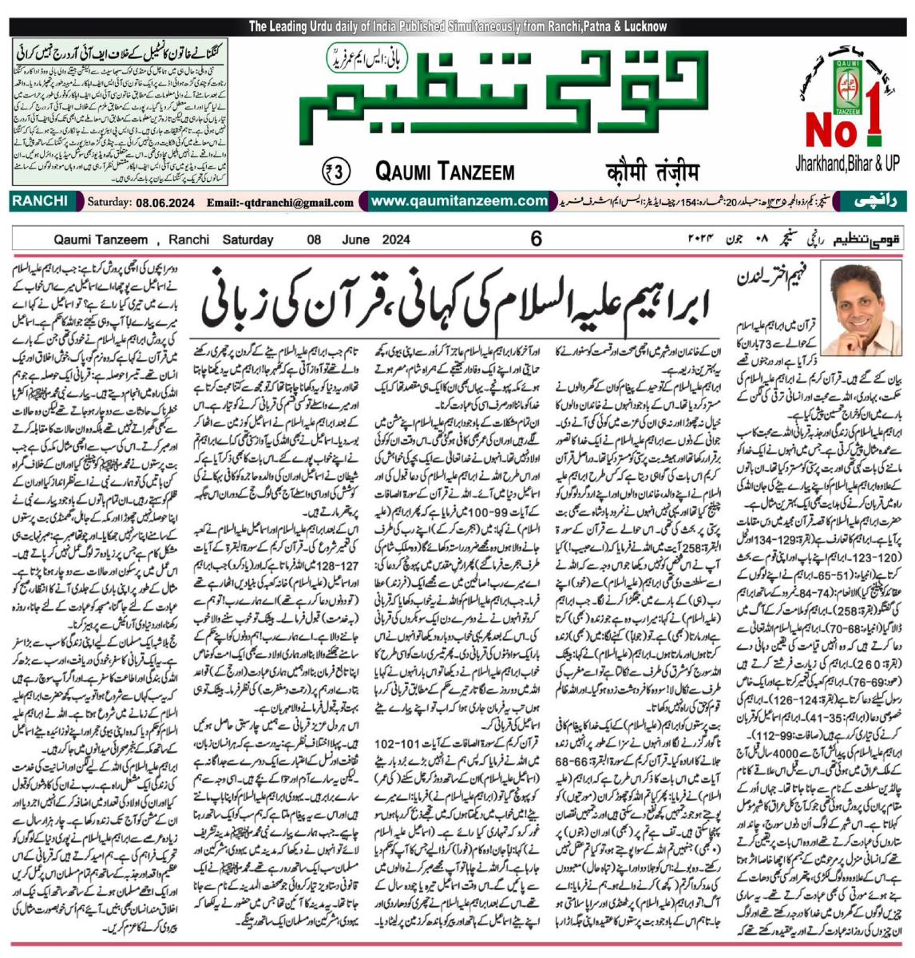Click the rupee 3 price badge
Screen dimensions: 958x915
338,170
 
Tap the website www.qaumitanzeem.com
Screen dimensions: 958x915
457,201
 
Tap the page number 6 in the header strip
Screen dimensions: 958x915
536,238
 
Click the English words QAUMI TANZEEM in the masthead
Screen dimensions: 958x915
444,170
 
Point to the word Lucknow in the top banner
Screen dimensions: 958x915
642,26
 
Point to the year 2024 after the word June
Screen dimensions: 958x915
395,239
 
